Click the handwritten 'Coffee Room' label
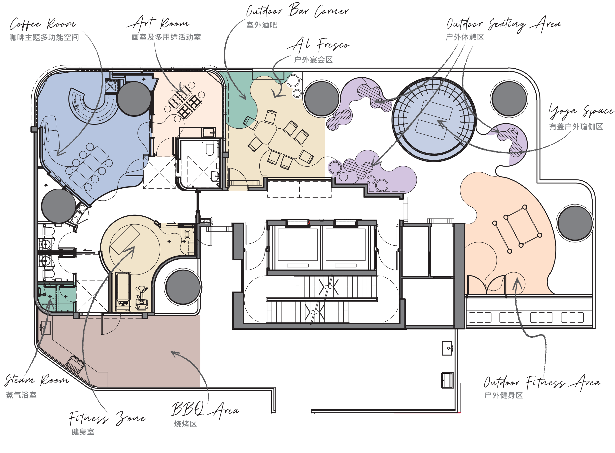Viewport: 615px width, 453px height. [x=43, y=24]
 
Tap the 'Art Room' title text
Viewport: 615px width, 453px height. [x=158, y=23]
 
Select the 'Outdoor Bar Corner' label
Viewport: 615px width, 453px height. [x=297, y=10]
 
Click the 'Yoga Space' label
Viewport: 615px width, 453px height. [x=581, y=111]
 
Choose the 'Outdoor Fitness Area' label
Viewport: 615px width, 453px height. [x=542, y=382]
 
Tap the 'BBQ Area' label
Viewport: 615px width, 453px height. [x=205, y=410]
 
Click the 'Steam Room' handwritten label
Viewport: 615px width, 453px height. [x=37, y=380]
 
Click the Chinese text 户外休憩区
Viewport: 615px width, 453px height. [x=465, y=37]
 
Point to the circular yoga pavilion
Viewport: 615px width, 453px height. [x=434, y=119]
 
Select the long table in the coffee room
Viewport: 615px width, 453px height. [x=89, y=167]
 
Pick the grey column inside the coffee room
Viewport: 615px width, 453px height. [x=134, y=98]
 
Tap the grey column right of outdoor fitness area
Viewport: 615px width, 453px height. [x=575, y=223]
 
